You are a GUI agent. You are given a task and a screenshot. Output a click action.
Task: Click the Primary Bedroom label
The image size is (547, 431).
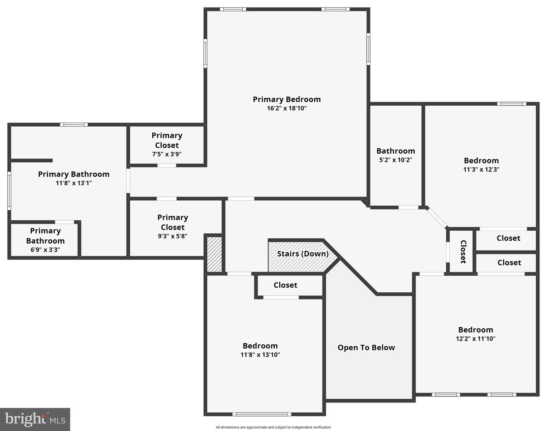287,99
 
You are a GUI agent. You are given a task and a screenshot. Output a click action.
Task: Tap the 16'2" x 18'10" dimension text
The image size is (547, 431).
287,108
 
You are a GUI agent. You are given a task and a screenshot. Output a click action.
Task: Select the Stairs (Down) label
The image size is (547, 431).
303,254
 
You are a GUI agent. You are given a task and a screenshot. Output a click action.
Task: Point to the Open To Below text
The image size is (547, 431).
366,347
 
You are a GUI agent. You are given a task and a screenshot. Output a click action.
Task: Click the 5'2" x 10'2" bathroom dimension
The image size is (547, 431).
395,160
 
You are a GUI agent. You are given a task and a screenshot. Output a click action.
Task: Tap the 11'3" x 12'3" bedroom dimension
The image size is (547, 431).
481,170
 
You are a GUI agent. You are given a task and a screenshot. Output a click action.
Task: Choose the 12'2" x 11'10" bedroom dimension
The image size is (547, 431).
476,339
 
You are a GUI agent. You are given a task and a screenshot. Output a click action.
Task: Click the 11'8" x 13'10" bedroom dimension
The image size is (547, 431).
260,355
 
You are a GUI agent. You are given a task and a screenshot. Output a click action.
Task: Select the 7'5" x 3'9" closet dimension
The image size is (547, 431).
167,154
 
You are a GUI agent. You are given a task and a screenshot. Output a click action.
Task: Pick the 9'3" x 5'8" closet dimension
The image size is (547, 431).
172,236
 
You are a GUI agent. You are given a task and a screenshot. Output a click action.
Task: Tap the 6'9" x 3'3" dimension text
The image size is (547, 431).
45,250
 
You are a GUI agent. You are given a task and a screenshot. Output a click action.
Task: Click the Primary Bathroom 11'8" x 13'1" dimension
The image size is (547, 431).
74,183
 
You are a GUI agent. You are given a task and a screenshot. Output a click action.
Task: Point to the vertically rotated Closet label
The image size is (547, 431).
463,251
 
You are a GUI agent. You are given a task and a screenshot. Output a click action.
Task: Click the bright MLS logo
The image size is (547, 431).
35,419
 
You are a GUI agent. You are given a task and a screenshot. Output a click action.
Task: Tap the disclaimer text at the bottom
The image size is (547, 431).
273,427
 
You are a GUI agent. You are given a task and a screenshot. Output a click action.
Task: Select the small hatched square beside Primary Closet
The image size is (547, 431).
214,254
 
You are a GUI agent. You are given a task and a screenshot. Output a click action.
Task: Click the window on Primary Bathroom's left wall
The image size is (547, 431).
9,190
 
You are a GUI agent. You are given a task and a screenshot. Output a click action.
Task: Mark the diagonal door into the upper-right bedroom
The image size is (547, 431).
437,218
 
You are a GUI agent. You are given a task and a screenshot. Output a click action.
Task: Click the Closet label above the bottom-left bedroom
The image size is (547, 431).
285,285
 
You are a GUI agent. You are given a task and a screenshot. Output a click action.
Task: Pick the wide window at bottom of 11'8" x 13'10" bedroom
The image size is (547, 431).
262,414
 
